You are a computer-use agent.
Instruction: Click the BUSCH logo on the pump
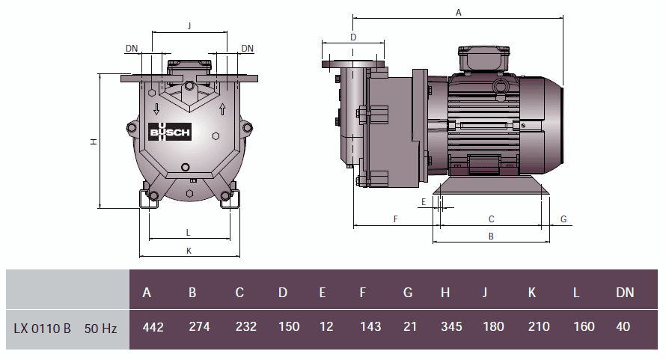[171, 132]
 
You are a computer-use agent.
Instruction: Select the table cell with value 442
[153, 327]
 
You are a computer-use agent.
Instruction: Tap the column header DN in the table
[625, 293]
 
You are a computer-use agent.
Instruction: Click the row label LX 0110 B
[42, 328]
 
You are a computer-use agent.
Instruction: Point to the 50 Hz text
[100, 328]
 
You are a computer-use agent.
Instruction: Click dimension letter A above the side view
[459, 12]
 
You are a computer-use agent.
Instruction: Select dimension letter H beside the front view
[93, 141]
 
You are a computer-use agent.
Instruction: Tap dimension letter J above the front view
[189, 25]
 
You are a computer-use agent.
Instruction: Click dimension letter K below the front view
[189, 251]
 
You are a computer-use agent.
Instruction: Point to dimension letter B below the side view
[491, 236]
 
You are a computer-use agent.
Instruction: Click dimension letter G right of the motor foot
[563, 219]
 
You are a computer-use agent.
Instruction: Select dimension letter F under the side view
[395, 219]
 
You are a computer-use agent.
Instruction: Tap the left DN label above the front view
[132, 49]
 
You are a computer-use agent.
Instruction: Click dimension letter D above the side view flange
[353, 37]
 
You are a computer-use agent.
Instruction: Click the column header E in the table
[323, 293]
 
